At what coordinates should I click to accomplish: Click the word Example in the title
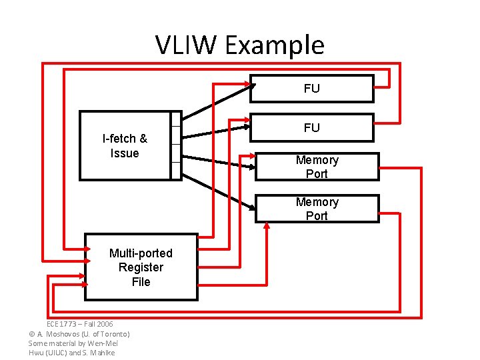274,45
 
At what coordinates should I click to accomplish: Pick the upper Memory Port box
317,167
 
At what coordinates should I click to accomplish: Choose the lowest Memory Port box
317,209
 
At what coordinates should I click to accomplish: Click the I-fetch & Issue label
125,146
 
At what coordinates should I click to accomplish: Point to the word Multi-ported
141,253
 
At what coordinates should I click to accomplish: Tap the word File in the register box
141,282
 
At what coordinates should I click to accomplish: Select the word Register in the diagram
141,267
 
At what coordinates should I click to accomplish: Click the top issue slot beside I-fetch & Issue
176,119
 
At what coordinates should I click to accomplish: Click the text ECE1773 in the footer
62,324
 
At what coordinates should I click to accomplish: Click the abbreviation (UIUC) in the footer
56,352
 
